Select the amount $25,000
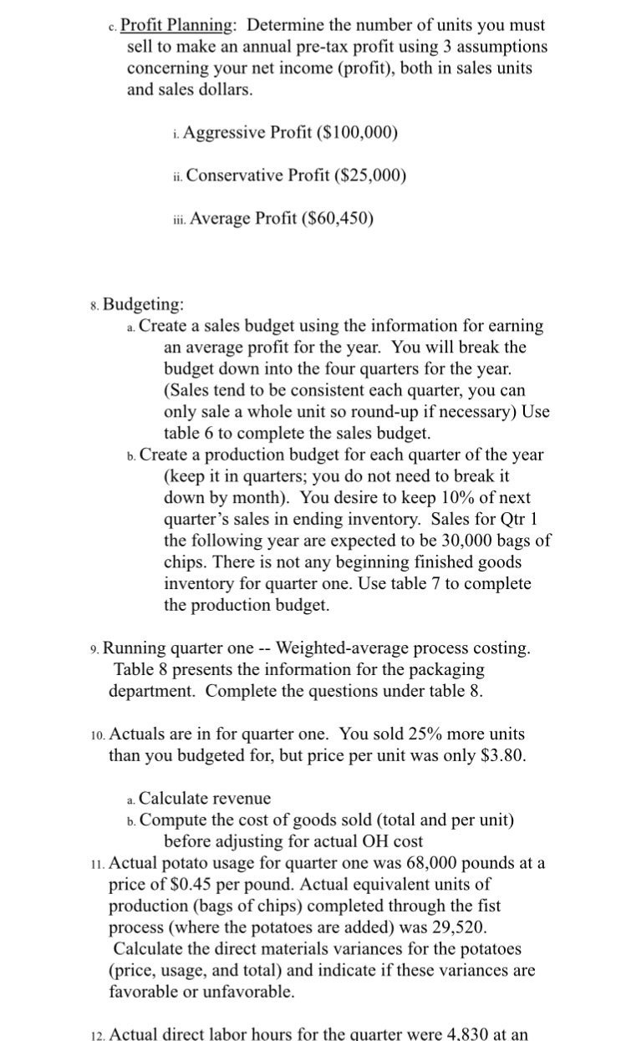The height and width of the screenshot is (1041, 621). [373, 175]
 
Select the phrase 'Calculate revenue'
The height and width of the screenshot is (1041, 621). [205, 800]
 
